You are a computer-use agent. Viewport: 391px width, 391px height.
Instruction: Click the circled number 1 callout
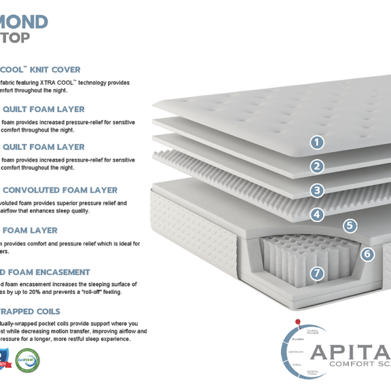[x=317, y=142]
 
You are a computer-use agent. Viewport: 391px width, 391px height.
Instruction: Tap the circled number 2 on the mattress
[x=317, y=166]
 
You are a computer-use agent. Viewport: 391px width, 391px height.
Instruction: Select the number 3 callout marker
[x=317, y=190]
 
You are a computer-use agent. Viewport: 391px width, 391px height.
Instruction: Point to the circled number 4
[x=317, y=214]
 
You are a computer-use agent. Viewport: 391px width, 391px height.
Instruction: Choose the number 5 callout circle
[x=351, y=225]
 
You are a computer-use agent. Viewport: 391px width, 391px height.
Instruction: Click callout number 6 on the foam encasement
[x=368, y=254]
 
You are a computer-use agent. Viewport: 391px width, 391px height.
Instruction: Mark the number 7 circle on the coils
[x=317, y=273]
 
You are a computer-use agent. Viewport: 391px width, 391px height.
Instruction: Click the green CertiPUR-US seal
[x=27, y=360]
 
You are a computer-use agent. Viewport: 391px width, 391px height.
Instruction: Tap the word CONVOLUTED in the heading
[x=40, y=190]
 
